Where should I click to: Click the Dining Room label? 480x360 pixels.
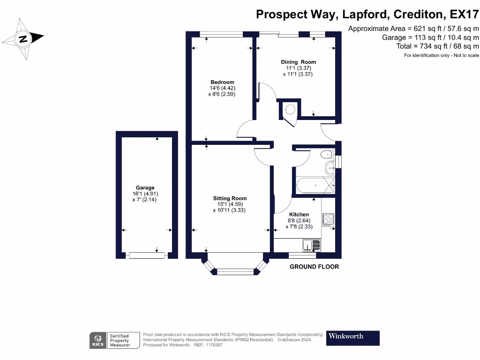pyautogui.click(x=298, y=62)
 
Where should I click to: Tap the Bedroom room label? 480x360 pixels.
pyautogui.click(x=222, y=82)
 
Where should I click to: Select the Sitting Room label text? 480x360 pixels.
pyautogui.click(x=230, y=198)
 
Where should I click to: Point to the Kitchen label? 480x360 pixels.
pyautogui.click(x=299, y=215)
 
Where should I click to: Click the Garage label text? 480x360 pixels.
pyautogui.click(x=145, y=188)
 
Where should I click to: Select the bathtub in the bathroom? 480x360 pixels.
pyautogui.click(x=315, y=186)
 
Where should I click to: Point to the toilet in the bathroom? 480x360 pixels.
pyautogui.click(x=326, y=154)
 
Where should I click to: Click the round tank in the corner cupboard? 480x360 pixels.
pyautogui.click(x=290, y=110)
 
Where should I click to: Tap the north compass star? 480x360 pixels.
pyautogui.click(x=23, y=38)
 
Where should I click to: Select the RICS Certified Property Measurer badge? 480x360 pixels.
pyautogui.click(x=115, y=340)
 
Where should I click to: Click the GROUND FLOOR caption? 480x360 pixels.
pyautogui.click(x=314, y=267)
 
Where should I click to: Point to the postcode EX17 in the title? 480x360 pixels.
pyautogui.click(x=463, y=15)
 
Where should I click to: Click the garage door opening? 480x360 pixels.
pyautogui.click(x=147, y=255)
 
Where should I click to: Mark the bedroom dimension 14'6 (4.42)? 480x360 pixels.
pyautogui.click(x=222, y=88)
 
